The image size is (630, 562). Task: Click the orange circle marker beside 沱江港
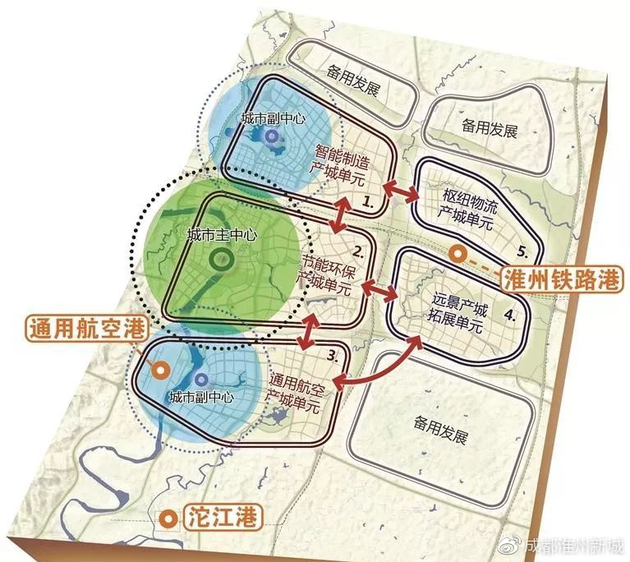[x=168, y=518]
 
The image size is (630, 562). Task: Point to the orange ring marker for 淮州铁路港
[x=458, y=255]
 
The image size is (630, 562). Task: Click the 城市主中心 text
[x=222, y=235]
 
